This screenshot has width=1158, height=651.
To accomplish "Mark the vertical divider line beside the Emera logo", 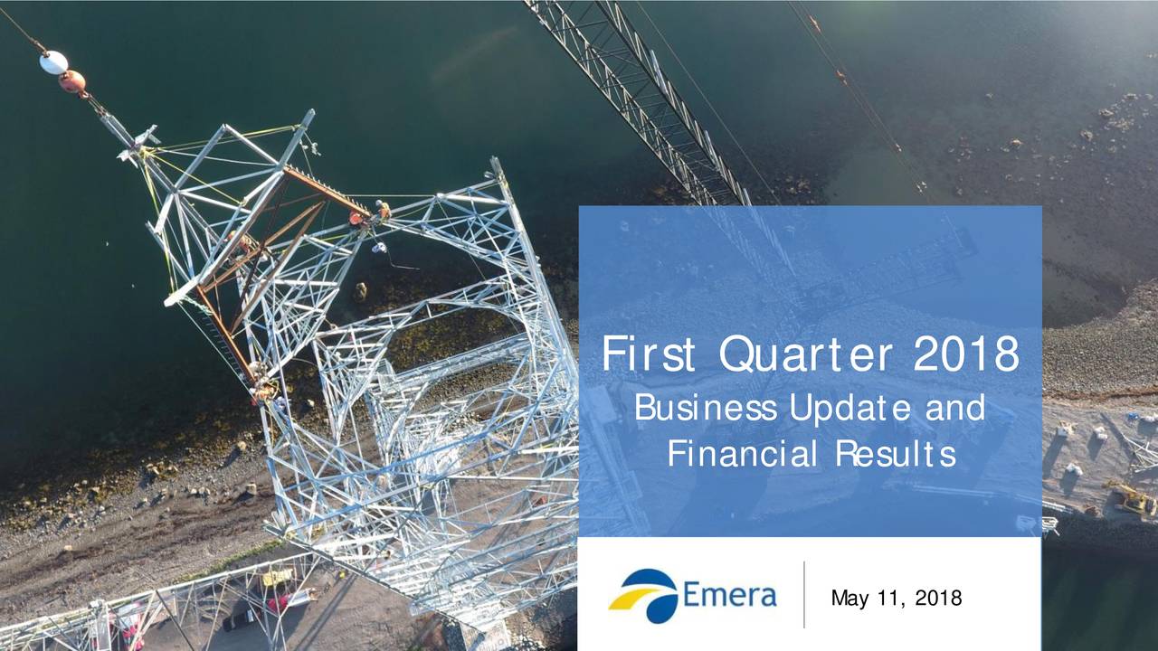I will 803,594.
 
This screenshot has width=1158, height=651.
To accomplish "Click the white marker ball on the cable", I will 53,62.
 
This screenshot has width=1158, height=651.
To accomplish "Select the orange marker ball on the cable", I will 73,82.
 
